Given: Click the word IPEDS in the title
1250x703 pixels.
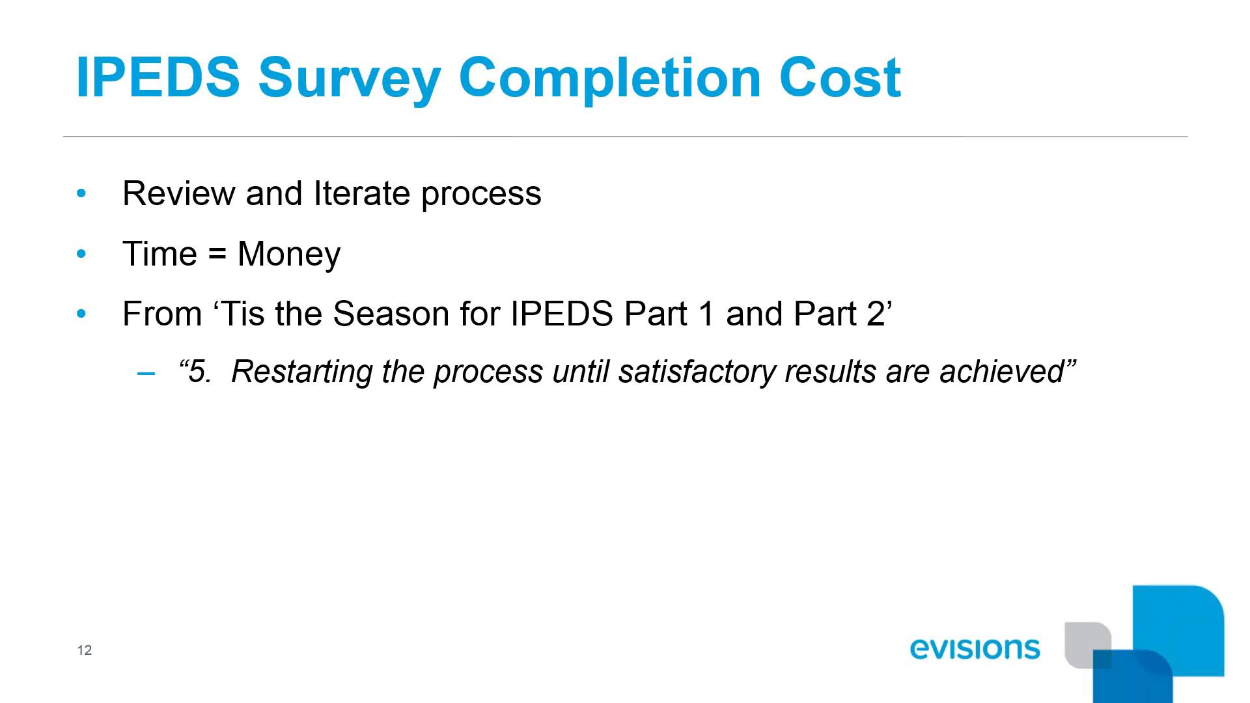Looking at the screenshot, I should [x=158, y=77].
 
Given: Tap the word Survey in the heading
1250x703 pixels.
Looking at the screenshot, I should [x=349, y=79].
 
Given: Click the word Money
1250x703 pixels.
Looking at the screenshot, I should [x=288, y=255].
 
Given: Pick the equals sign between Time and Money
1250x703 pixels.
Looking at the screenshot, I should [x=217, y=254].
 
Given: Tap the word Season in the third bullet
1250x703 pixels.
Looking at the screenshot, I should [x=391, y=314].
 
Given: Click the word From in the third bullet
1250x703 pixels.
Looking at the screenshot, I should [x=162, y=314].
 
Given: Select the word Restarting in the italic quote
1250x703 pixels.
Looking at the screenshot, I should [x=301, y=372].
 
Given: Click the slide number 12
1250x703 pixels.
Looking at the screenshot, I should [x=85, y=650].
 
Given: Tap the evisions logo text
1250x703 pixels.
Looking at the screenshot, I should [x=975, y=648].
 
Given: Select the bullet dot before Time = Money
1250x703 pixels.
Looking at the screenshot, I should [x=81, y=254].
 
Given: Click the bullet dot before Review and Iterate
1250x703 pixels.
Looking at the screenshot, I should [x=81, y=193].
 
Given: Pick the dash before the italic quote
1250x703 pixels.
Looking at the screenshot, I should [x=146, y=374].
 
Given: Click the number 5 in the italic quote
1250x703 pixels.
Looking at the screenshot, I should [x=199, y=372].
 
